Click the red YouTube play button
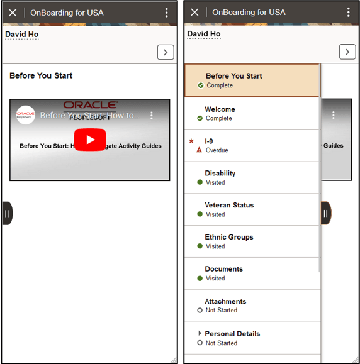90,140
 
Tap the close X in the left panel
13,13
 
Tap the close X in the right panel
194,13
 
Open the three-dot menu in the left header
166,13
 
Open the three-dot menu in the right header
348,13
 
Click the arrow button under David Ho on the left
166,52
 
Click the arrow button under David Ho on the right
347,52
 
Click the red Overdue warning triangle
200,150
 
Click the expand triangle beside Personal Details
200,333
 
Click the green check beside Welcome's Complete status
200,118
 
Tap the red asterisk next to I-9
191,141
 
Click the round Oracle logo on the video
26,115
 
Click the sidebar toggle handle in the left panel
7,213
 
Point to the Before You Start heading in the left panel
41,75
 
